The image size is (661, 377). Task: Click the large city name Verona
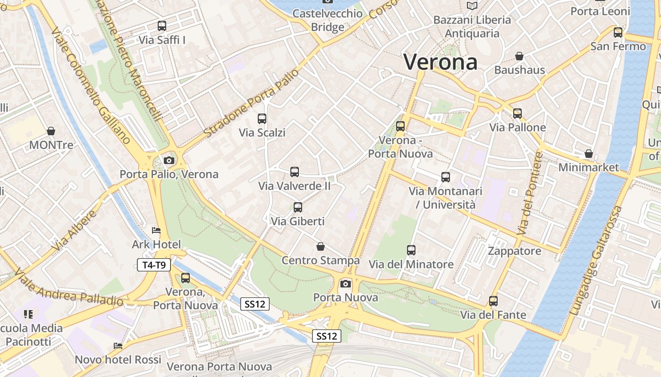pyautogui.click(x=440, y=62)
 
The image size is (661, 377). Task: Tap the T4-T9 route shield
pyautogui.click(x=153, y=265)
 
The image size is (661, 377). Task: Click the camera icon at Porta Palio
pyautogui.click(x=169, y=160)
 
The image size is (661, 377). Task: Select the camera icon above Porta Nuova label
pyautogui.click(x=346, y=283)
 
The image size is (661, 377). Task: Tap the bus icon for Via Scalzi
pyautogui.click(x=262, y=119)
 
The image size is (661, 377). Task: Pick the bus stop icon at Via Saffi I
pyautogui.click(x=162, y=26)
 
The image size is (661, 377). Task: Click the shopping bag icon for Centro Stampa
pyautogui.click(x=321, y=246)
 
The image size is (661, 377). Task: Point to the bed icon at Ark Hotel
pyautogui.click(x=156, y=230)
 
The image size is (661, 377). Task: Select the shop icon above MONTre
pyautogui.click(x=51, y=131)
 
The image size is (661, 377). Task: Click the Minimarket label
pyautogui.click(x=588, y=167)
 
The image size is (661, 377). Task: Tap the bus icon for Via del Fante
pyautogui.click(x=493, y=301)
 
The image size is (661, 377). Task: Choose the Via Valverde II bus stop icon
pyautogui.click(x=295, y=172)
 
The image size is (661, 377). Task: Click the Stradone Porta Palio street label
pyautogui.click(x=252, y=104)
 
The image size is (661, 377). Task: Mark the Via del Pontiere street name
pyautogui.click(x=531, y=193)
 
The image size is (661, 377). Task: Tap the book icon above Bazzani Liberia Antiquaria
pyautogui.click(x=472, y=6)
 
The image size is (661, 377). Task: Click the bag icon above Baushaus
pyautogui.click(x=519, y=56)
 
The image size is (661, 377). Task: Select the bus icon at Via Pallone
pyautogui.click(x=517, y=114)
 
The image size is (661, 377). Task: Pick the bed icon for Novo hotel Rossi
pyautogui.click(x=118, y=346)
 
